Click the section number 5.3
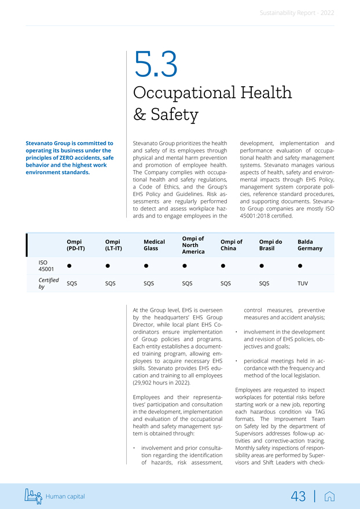pos(155,65)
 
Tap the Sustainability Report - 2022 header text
pos(296,13)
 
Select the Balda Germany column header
pos(310,245)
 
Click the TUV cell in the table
pos(303,283)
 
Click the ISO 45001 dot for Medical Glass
pos(146,266)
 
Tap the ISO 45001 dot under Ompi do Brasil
pos(262,266)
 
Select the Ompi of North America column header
pos(193,245)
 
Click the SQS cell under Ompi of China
pos(226,283)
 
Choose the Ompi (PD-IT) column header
pos(75,245)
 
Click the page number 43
pos(298,496)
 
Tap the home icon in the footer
pos(330,496)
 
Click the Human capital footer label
pos(65,496)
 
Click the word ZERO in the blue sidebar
pos(72,157)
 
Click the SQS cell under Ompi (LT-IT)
pos(110,283)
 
